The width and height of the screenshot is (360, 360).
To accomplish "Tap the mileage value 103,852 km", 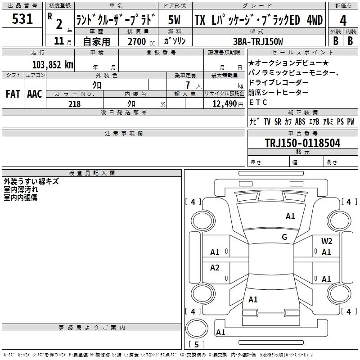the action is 53,64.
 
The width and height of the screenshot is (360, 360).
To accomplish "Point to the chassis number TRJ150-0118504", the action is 302,143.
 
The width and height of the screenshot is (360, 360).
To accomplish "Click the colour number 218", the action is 75,104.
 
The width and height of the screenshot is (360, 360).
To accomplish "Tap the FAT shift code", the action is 13,94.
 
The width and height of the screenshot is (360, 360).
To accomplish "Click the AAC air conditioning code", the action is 34,94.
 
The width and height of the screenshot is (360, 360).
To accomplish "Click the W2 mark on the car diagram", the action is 327,241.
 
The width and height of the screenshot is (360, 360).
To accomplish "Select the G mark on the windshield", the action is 284,237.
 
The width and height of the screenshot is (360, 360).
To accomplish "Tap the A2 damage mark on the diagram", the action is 215,268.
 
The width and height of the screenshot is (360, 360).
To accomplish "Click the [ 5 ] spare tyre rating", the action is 196,345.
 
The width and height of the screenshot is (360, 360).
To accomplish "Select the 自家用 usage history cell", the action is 96,41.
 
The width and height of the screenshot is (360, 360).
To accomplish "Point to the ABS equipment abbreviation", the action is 300,121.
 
